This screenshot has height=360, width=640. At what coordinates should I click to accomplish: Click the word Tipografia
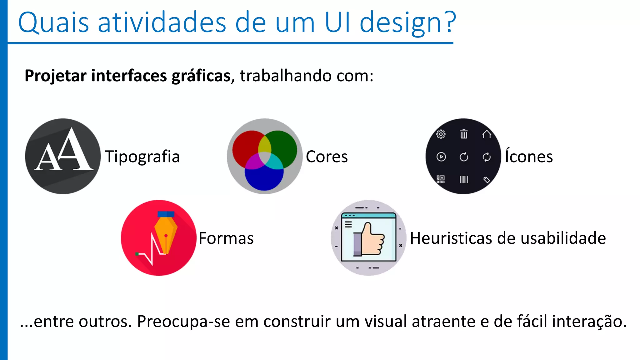pyautogui.click(x=142, y=157)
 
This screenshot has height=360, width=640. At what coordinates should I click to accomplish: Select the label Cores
pyautogui.click(x=327, y=157)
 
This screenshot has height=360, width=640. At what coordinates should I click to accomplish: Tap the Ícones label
pyautogui.click(x=529, y=156)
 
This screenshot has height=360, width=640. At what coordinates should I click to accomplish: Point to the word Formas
pyautogui.click(x=226, y=238)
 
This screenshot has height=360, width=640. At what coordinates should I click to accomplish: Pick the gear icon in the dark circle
pyautogui.click(x=441, y=134)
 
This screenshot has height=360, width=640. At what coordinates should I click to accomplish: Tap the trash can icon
pyautogui.click(x=464, y=134)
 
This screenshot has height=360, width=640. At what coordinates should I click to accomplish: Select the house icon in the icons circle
pyautogui.click(x=487, y=134)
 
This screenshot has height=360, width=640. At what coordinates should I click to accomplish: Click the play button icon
pyautogui.click(x=441, y=157)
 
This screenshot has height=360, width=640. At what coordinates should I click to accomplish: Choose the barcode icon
pyautogui.click(x=464, y=179)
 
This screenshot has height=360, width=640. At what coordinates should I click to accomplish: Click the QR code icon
pyautogui.click(x=441, y=179)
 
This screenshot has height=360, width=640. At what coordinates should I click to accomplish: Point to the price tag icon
pyautogui.click(x=487, y=180)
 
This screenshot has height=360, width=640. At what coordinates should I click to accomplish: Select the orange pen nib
pyautogui.click(x=166, y=233)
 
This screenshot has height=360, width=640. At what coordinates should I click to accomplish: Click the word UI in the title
pyautogui.click(x=338, y=22)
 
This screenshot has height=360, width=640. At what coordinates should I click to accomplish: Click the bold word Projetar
pyautogui.click(x=55, y=76)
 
